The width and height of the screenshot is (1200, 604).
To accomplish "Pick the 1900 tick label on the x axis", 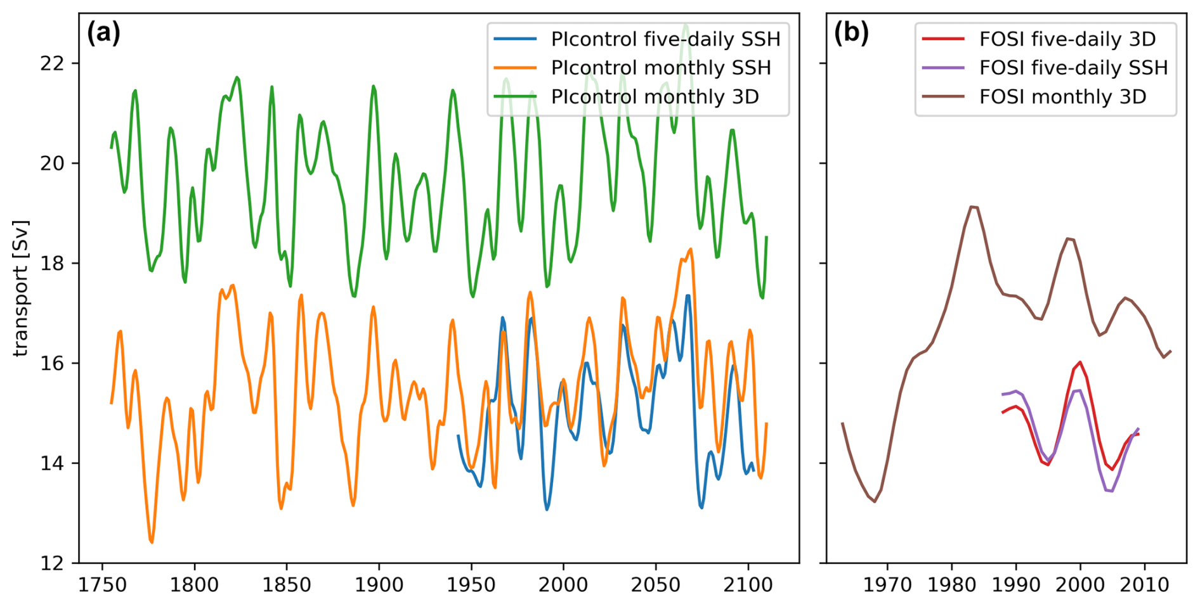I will pos(379,584).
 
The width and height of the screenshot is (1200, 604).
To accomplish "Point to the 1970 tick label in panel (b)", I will pos(887,584).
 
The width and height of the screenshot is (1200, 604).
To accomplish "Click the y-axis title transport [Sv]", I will pos(21,289).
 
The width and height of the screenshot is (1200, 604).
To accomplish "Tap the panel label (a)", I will pos(103,33).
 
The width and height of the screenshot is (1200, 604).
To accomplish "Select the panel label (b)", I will pos(851,33).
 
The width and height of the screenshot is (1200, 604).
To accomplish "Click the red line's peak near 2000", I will pos(1079,363).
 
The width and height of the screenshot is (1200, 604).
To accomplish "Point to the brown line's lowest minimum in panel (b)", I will pos(875,501).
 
